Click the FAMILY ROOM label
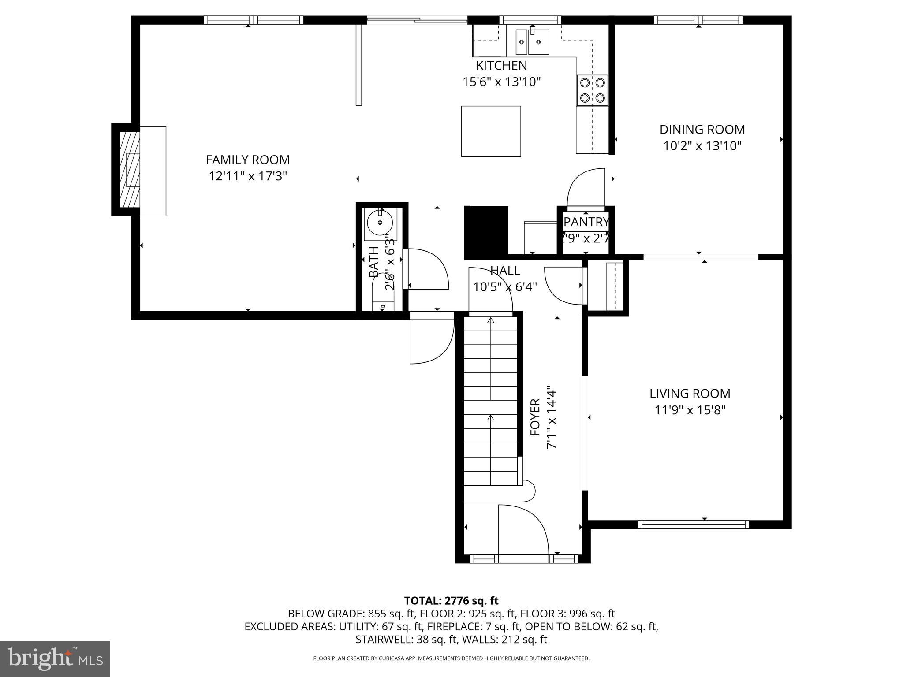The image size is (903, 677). pos(248,160)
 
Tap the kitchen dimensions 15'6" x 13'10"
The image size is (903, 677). pos(501,82)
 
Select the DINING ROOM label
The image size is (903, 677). pos(702,130)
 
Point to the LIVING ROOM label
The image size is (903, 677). pos(690,394)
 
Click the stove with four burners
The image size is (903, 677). pos(592,90)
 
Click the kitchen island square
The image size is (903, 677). pos(491,131)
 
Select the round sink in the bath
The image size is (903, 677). pos(380,223)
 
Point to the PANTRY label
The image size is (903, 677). pos(586,222)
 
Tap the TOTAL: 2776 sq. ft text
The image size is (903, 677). pos(451,601)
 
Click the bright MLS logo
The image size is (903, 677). pos(55,659)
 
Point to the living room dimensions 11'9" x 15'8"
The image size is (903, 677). pos(690,410)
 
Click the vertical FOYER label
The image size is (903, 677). pos(535,417)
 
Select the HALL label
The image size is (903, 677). pos(505,271)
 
